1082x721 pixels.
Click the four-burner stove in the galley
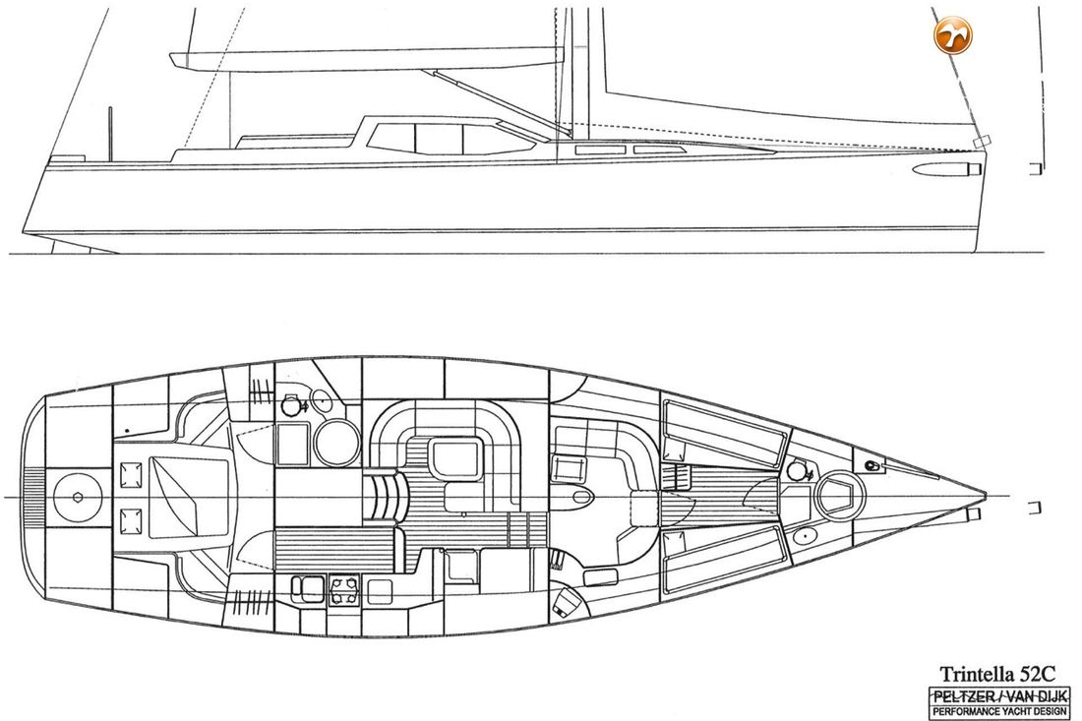point(344,588)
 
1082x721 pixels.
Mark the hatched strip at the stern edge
point(32,497)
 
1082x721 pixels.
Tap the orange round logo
point(953,33)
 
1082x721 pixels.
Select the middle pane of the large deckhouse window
point(439,139)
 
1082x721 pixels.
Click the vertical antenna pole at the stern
point(110,134)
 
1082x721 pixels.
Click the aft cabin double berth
point(189,496)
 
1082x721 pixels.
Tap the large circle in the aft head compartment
point(336,442)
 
